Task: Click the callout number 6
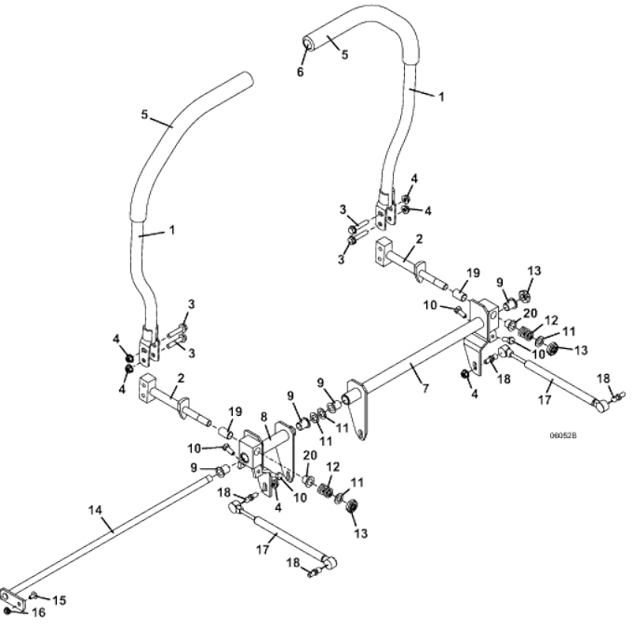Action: click(x=300, y=72)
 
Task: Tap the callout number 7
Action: click(x=425, y=388)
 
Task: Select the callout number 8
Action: click(x=264, y=417)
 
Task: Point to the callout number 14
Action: click(x=95, y=511)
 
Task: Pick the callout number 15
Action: click(x=60, y=600)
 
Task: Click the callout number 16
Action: click(x=39, y=613)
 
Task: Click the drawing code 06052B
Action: click(x=563, y=435)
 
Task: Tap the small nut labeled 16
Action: click(x=7, y=611)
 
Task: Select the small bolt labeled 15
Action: click(x=34, y=595)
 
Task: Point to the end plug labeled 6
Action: click(x=307, y=43)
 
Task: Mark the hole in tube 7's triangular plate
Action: click(x=359, y=435)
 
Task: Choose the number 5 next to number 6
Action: click(x=344, y=55)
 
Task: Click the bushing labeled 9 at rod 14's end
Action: click(x=222, y=470)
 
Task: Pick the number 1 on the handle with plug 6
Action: click(x=441, y=97)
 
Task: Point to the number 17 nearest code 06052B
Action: click(x=545, y=399)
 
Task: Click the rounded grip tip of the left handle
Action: click(x=246, y=79)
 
